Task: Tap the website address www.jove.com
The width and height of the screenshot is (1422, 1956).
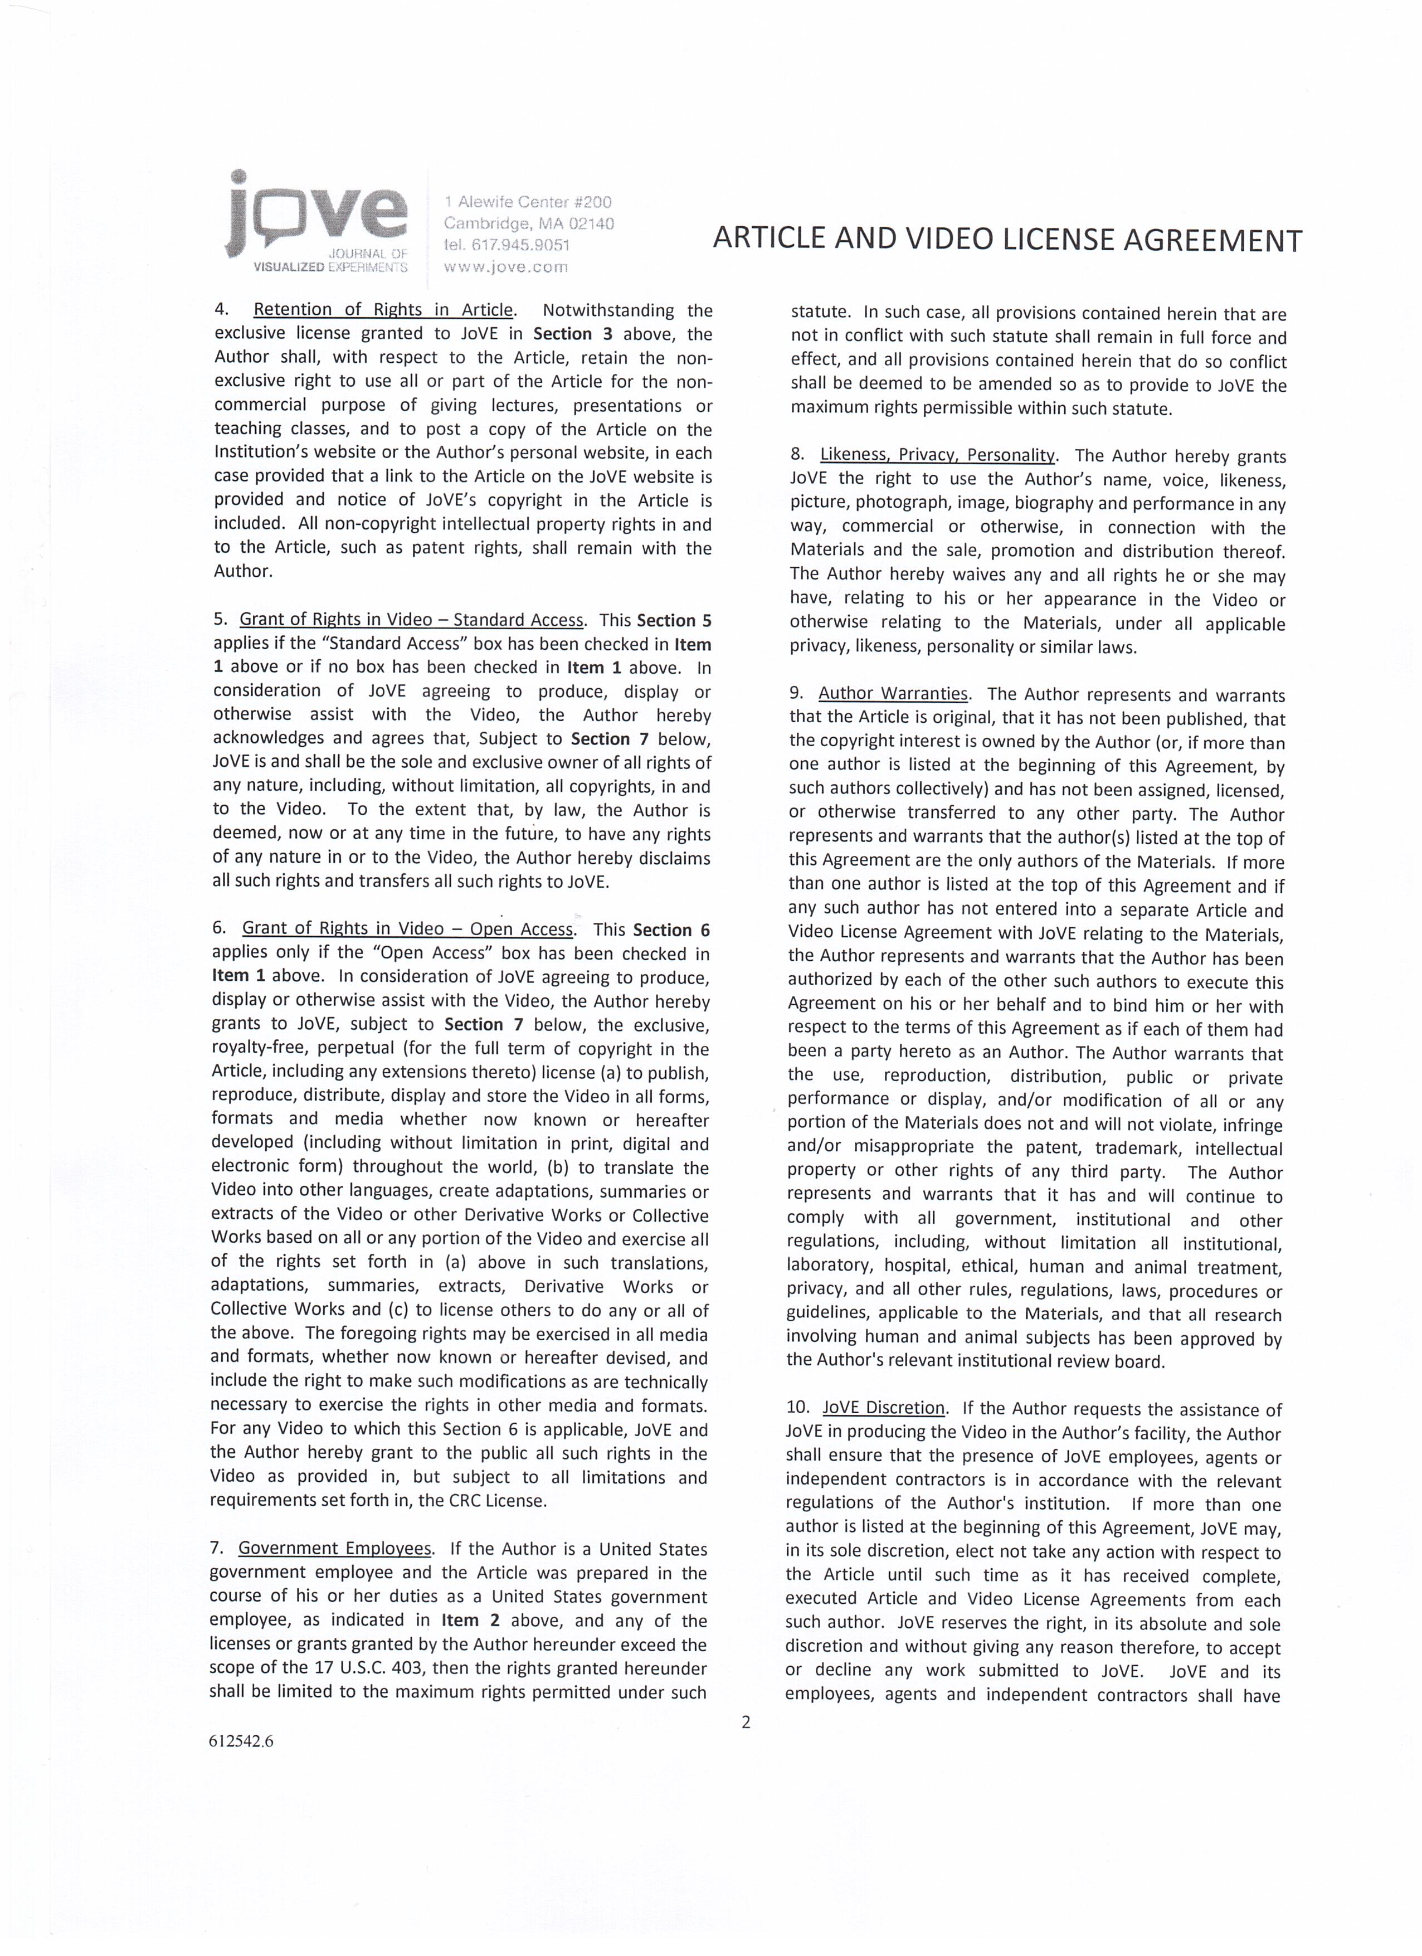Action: point(505,267)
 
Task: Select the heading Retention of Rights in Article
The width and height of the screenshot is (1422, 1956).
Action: point(383,310)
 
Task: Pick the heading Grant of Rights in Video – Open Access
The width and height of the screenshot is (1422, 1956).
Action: point(407,929)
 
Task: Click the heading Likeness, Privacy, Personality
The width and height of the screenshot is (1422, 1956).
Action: point(937,455)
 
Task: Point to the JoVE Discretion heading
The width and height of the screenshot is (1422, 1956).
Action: point(883,1408)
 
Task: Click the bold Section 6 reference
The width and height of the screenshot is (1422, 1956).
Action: point(671,930)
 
